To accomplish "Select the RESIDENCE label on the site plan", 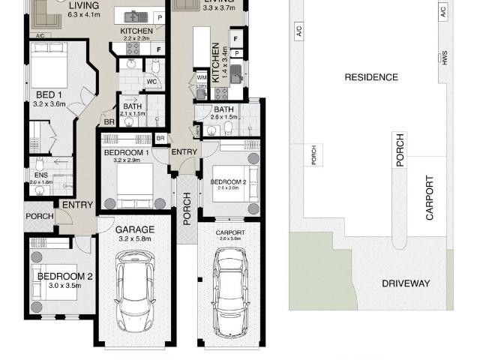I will pos(370,77).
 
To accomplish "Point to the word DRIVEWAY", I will pos(406,283).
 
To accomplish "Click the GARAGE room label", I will pos(135,229).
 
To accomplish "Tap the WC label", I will pos(151,82).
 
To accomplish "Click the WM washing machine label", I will pos(201,77).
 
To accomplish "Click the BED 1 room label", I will pos(49,94).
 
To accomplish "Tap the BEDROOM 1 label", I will pos(126,153).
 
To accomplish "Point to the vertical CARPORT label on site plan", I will pos(430,197).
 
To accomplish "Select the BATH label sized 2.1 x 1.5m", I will pos(133,106).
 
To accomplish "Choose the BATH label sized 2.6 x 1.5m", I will pos(225,109).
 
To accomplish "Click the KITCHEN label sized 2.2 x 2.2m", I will pos(136,31).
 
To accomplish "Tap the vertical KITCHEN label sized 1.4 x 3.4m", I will pos(216,62).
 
